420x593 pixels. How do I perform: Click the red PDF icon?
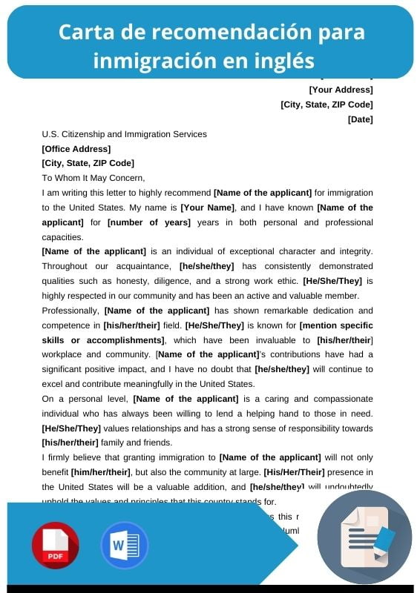pos(55,545)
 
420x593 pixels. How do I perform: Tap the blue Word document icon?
pos(124,545)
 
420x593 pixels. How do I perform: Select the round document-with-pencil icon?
pos(364,536)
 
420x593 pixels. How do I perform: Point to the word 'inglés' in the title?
pos(283,59)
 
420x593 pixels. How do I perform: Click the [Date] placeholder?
pos(360,119)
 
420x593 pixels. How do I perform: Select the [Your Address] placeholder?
pos(341,90)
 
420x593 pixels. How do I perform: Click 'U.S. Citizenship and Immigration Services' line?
pos(124,134)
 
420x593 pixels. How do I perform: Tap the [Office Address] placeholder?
pos(76,149)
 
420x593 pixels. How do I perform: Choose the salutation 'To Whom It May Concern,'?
pos(93,178)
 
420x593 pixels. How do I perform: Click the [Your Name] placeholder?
pos(208,208)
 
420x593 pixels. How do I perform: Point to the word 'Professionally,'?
pos(70,311)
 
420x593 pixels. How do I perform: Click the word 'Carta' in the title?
pos(84,33)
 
